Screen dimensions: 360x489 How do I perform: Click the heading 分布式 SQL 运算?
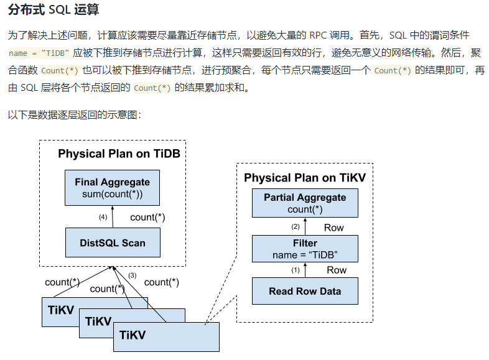pyautogui.click(x=53, y=11)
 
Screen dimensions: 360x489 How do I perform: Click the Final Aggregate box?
pyautogui.click(x=112, y=188)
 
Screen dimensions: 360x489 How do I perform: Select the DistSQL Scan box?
pyautogui.click(x=112, y=242)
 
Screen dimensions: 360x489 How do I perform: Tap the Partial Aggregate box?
pyautogui.click(x=305, y=203)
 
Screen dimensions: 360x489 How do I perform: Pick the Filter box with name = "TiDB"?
pyautogui.click(x=305, y=249)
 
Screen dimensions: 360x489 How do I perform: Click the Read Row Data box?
pyautogui.click(x=305, y=291)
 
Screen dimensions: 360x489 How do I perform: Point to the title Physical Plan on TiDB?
pyautogui.click(x=119, y=154)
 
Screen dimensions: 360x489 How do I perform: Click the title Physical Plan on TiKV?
pyautogui.click(x=305, y=178)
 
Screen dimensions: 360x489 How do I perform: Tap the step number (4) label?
pyautogui.click(x=103, y=217)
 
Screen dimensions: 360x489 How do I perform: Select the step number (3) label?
pyautogui.click(x=132, y=275)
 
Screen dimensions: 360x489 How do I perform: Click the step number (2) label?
pyautogui.click(x=296, y=226)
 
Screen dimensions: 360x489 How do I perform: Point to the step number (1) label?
pyautogui.click(x=296, y=270)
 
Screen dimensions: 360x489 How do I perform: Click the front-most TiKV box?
pyautogui.click(x=166, y=336)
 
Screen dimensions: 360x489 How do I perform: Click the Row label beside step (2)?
pyautogui.click(x=333, y=228)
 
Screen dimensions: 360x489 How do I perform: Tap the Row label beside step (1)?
pyautogui.click(x=336, y=270)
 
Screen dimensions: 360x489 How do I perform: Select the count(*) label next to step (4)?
pyautogui.click(x=147, y=218)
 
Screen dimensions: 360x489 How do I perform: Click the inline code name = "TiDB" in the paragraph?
pyautogui.click(x=39, y=53)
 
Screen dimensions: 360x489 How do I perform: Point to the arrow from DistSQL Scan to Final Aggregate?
pyautogui.click(x=113, y=217)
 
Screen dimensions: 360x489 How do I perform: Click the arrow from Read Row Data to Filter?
pyautogui.click(x=305, y=270)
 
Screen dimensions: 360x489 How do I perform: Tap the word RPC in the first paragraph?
pyautogui.click(x=319, y=36)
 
